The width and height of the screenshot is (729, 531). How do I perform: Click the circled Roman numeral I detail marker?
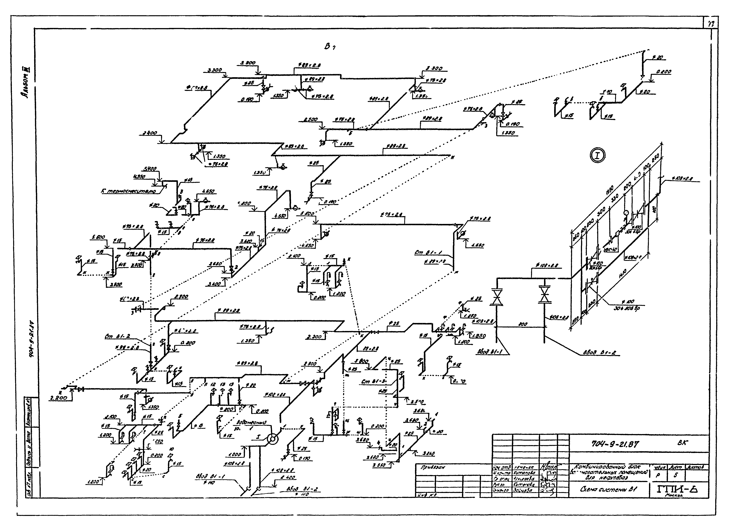[x=598, y=156]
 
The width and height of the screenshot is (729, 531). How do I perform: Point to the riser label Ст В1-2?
[x=117, y=337]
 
